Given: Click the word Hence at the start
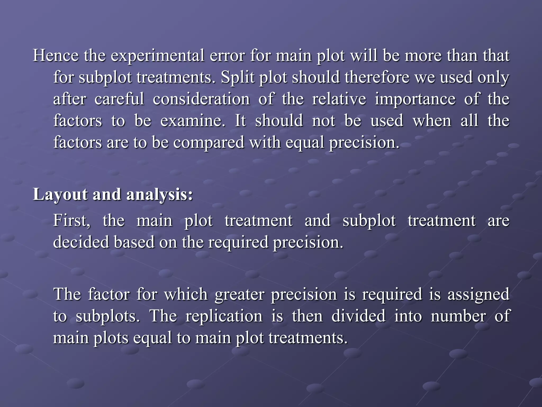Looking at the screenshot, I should click(56, 56).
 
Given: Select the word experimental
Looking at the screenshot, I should click(157, 56).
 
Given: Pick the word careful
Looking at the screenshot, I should click(119, 99).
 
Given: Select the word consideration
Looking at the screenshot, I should click(201, 99).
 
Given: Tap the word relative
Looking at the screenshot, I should click(339, 99).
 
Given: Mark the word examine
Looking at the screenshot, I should click(193, 121).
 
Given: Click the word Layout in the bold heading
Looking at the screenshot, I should click(60, 195).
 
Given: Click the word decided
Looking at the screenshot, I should click(81, 242).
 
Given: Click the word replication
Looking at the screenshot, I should click(224, 316).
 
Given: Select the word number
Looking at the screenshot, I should click(458, 316).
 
